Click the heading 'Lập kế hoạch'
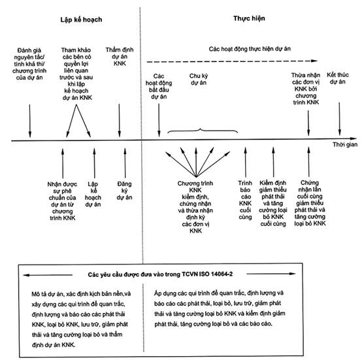[x=81, y=20]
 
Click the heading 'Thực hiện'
[x=249, y=18]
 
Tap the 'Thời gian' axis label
[x=345, y=144]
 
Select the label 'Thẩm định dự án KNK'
[x=120, y=57]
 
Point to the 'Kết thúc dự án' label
[x=338, y=78]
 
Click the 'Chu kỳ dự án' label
[x=199, y=79]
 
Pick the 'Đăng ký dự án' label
[x=124, y=191]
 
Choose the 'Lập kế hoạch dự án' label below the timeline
[x=93, y=194]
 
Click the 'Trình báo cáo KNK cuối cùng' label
[x=245, y=200]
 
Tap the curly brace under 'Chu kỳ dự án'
[x=203, y=130]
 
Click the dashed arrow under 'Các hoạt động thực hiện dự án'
[x=232, y=61]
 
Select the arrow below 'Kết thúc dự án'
[x=339, y=119]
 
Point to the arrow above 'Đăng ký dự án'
[x=125, y=163]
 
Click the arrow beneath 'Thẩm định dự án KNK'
[x=120, y=120]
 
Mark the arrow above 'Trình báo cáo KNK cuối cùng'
[x=246, y=162]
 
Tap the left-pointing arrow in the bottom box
[x=48, y=275]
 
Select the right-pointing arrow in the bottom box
[x=271, y=274]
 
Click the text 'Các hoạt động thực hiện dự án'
[x=250, y=49]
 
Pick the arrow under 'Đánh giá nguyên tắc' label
[x=30, y=121]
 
